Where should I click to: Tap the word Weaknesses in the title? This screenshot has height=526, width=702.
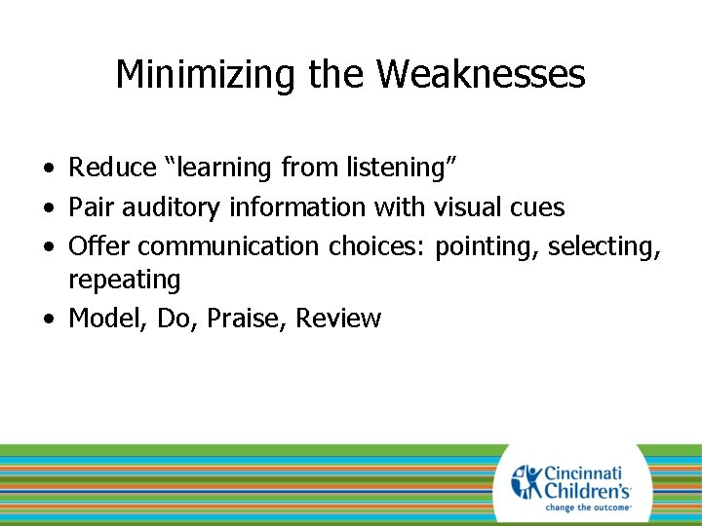[x=481, y=74]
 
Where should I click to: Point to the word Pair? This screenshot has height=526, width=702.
[x=89, y=207]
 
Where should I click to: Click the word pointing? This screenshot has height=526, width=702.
[x=487, y=246]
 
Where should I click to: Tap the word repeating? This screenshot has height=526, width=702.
[x=124, y=281]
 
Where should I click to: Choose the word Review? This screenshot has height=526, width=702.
[x=338, y=318]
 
